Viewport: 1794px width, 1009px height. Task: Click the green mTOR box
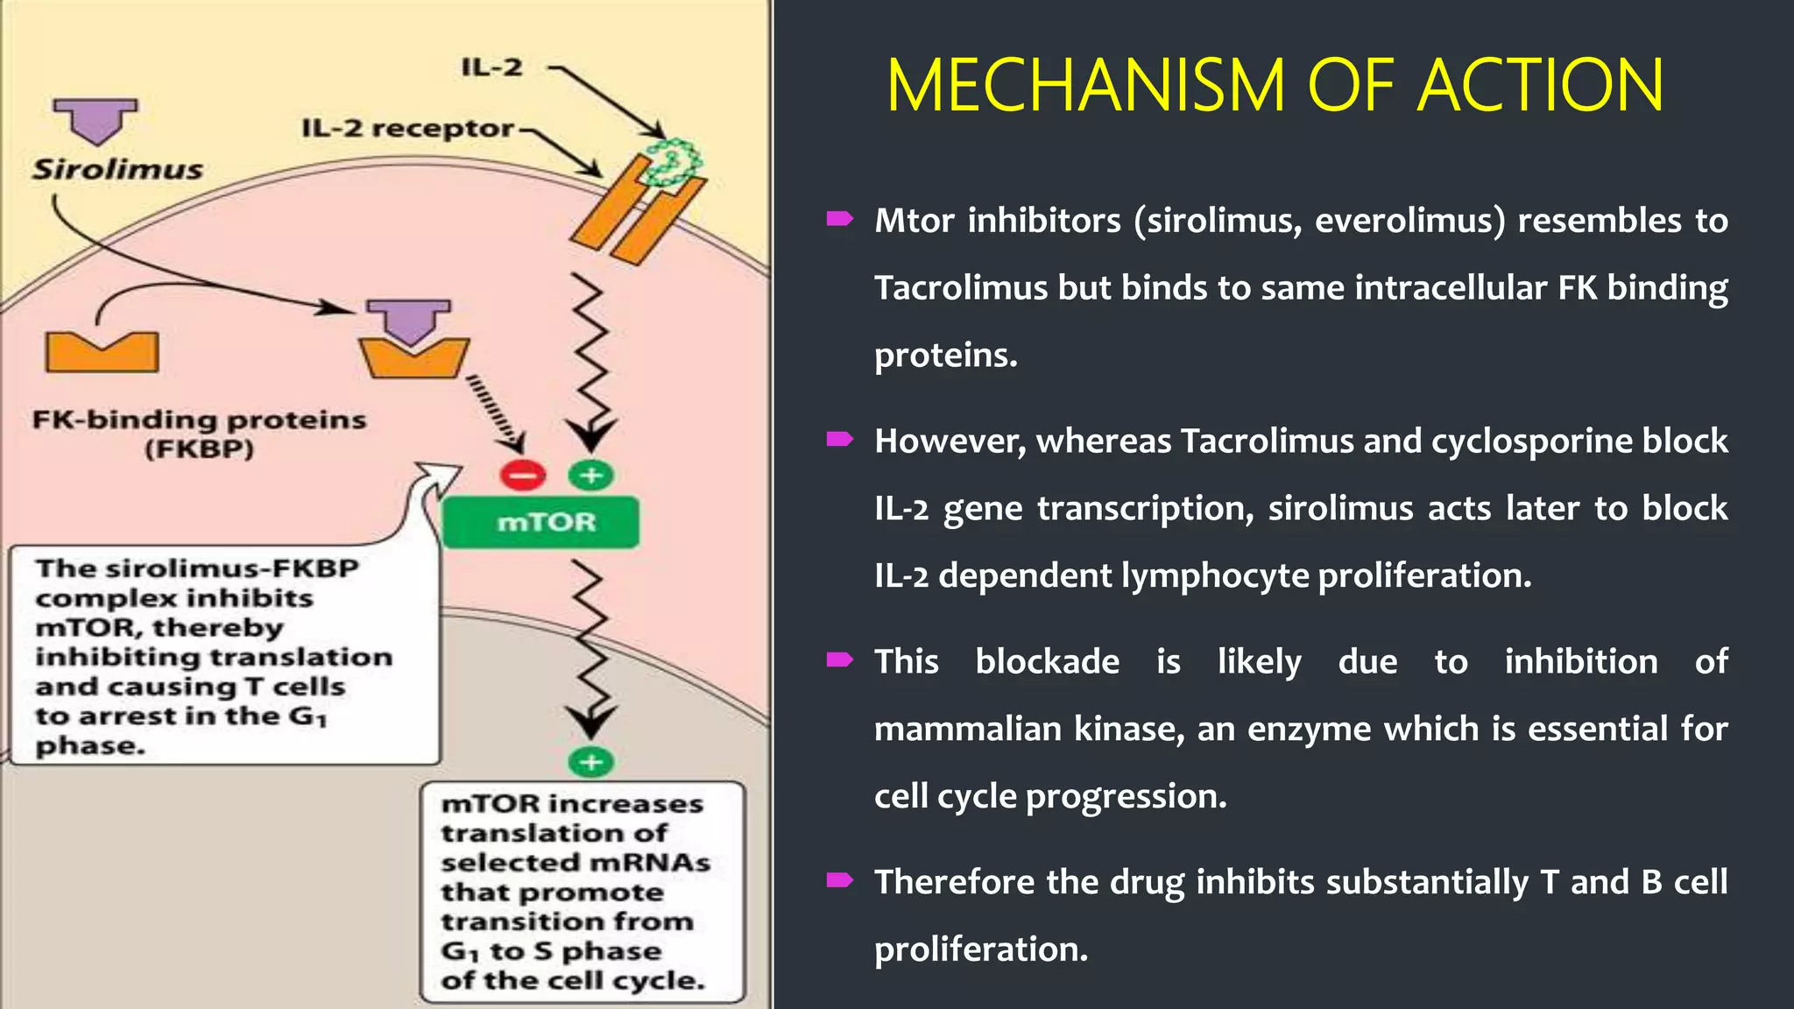(x=540, y=522)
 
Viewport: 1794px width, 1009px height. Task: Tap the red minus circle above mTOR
(x=522, y=476)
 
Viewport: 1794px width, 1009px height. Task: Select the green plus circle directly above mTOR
(x=591, y=476)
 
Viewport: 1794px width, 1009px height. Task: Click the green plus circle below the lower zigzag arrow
(x=591, y=761)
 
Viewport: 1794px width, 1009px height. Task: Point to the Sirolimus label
(x=117, y=168)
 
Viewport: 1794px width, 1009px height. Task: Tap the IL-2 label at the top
(x=491, y=67)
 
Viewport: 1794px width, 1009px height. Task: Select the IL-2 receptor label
(x=407, y=128)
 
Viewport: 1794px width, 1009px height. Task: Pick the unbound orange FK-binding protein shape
(x=102, y=352)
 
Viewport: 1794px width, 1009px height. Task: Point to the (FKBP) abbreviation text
(x=199, y=449)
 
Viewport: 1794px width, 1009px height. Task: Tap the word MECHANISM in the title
(x=1086, y=86)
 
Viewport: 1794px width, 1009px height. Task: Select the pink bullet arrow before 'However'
(x=839, y=439)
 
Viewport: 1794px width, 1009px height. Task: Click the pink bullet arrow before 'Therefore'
(x=839, y=880)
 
